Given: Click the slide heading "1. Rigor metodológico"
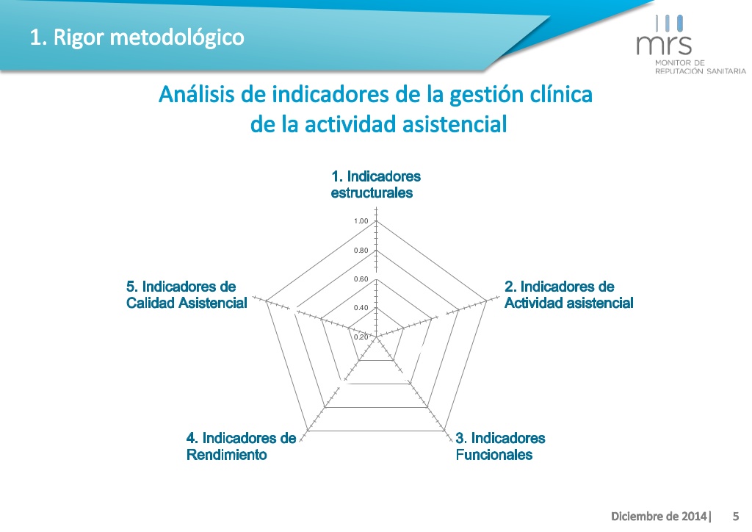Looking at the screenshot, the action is [137, 37].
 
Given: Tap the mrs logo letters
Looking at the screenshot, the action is [664, 45].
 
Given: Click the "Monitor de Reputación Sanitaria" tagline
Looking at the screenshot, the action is [700, 67].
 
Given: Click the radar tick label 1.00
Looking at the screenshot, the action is [361, 221].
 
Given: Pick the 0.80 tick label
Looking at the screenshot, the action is [361, 251].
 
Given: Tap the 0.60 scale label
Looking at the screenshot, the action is [361, 279].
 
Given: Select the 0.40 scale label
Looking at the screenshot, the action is [361, 308].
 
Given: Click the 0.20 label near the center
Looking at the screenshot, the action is [361, 337].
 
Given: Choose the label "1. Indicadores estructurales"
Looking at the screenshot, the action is [375, 184].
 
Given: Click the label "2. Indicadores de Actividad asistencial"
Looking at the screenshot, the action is [569, 295].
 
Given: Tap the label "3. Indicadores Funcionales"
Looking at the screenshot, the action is [500, 446].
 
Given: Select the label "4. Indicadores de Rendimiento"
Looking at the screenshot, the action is [241, 446].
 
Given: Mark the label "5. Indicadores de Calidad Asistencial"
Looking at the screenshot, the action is [187, 295].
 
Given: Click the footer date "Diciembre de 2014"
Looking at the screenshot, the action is [659, 516].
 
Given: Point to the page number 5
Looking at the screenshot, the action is [736, 516].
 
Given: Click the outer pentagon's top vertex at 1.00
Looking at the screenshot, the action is [377, 221].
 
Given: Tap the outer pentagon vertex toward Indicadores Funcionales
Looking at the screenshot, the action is [444, 431].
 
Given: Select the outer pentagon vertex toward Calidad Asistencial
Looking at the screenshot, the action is [266, 302].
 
